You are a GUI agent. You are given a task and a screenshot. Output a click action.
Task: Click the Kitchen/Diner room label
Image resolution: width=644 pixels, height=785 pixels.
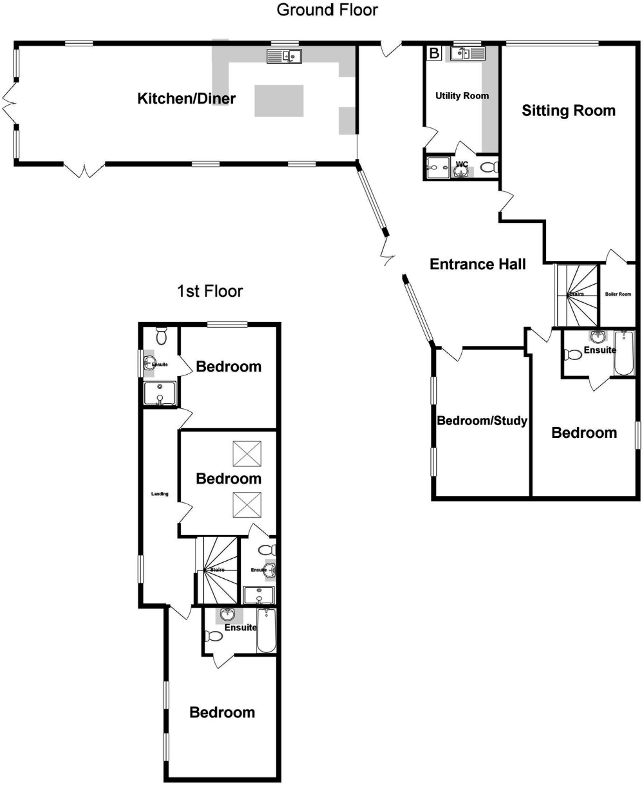click(x=186, y=99)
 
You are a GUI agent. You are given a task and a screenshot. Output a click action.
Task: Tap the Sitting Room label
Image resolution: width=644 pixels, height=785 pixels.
click(x=568, y=110)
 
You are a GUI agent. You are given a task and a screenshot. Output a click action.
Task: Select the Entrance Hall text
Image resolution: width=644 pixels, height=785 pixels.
click(x=477, y=263)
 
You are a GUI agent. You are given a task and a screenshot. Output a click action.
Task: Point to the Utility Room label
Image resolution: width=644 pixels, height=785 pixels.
click(x=462, y=96)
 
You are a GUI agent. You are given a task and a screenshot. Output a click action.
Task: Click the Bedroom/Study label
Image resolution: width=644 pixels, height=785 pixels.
click(x=482, y=421)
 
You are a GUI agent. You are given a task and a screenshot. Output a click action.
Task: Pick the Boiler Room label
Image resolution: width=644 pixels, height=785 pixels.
click(x=618, y=294)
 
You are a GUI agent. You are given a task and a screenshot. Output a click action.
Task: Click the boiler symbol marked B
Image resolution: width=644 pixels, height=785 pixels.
click(x=433, y=53)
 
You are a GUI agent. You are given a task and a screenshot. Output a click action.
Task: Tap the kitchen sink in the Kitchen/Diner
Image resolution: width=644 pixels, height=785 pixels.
click(x=284, y=57)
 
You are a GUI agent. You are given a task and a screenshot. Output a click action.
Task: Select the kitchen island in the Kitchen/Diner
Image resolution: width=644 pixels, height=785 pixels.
click(x=279, y=100)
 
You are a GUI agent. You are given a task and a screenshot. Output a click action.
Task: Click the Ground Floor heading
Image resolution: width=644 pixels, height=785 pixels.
click(x=327, y=10)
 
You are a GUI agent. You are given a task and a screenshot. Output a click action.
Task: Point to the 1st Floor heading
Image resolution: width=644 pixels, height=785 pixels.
click(x=210, y=291)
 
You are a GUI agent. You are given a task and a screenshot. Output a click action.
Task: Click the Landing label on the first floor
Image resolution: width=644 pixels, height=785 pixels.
click(x=160, y=494)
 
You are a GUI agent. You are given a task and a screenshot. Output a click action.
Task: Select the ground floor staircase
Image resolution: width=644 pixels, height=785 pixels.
click(x=576, y=296)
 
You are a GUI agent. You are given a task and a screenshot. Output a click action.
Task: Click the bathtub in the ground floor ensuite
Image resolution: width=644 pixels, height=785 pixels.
click(x=624, y=353)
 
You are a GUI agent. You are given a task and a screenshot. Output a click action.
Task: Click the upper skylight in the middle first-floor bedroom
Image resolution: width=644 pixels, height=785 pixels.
click(x=246, y=453)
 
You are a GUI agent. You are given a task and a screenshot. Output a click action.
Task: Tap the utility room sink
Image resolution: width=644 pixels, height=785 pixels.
click(x=467, y=53)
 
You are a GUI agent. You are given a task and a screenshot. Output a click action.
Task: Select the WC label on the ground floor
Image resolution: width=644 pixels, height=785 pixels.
click(x=461, y=164)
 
